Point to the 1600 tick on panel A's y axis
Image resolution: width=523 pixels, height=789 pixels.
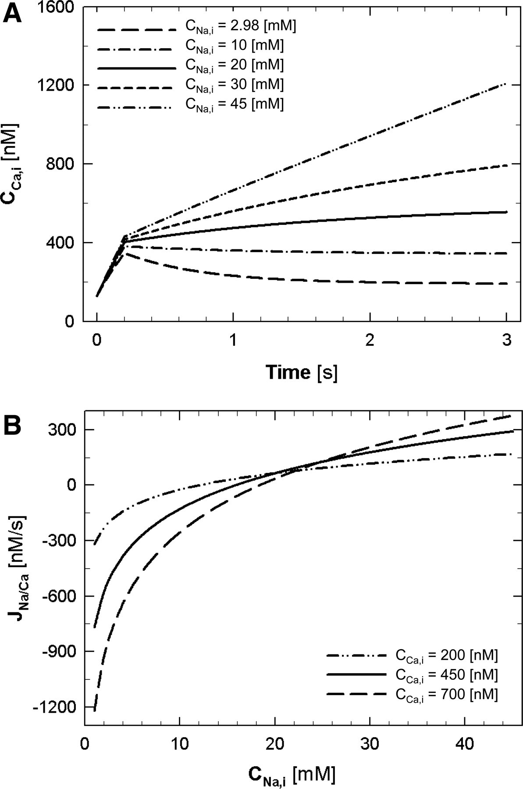click(57, 7)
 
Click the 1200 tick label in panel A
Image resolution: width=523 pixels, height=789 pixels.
click(57, 85)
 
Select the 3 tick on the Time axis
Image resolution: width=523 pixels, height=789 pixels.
click(507, 340)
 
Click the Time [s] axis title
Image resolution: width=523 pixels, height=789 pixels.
click(302, 373)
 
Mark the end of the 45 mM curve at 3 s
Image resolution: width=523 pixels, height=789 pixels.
click(506, 83)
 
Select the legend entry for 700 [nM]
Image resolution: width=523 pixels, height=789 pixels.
click(446, 695)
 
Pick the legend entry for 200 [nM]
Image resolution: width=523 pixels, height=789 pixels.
click(446, 656)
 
